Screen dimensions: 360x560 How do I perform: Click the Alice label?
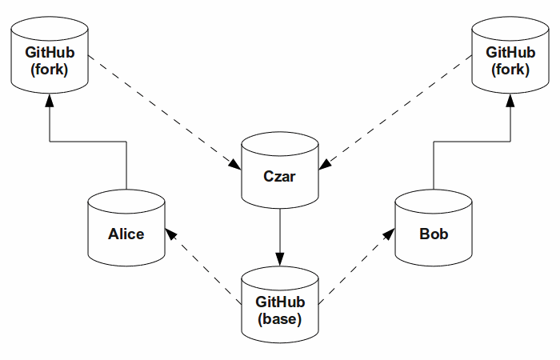click(x=126, y=234)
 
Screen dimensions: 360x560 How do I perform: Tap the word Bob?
click(x=434, y=234)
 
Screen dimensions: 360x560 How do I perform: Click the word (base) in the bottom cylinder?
click(x=279, y=319)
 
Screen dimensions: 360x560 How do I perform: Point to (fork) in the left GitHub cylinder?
click(x=50, y=70)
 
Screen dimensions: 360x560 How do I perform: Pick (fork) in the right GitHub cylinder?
click(x=510, y=70)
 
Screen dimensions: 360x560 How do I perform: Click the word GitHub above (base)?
click(x=279, y=302)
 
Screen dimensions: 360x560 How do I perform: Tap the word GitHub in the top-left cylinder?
click(x=50, y=53)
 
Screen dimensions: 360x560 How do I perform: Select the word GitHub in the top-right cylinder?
click(x=510, y=53)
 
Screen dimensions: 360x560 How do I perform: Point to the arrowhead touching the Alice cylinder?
click(x=171, y=232)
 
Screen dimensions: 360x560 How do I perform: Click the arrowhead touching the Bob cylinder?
click(x=390, y=232)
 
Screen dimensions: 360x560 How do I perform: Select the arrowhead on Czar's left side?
click(x=234, y=165)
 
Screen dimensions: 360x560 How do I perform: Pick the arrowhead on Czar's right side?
click(x=325, y=165)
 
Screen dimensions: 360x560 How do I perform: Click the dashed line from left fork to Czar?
click(x=160, y=111)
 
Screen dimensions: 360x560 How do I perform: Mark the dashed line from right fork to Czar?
click(x=400, y=111)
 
